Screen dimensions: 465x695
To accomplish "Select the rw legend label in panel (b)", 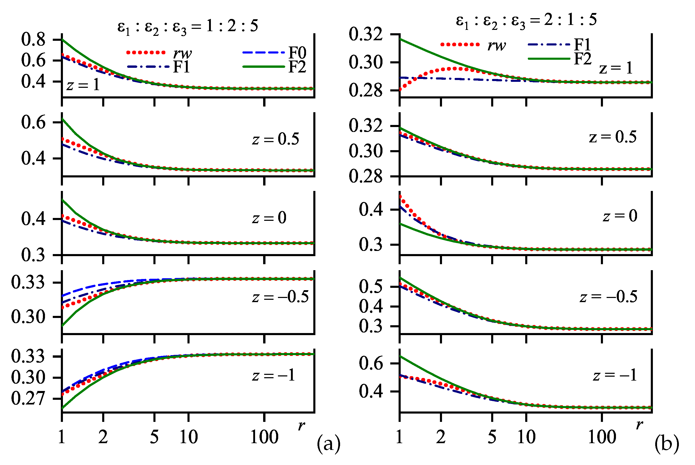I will (x=496, y=45).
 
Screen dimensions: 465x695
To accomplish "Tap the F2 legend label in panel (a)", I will (x=297, y=67).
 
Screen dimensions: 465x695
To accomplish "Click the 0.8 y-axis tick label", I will (x=33, y=40).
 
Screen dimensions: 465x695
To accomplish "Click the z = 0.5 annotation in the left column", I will (x=276, y=139).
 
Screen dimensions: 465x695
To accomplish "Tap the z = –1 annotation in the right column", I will (x=615, y=375).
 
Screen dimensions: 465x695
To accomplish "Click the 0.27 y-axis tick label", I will (x=28, y=398).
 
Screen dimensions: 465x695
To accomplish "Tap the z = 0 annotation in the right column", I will (x=620, y=216).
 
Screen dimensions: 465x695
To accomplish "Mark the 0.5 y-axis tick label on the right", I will (x=371, y=287).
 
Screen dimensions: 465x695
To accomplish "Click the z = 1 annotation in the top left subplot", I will (x=83, y=85).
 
